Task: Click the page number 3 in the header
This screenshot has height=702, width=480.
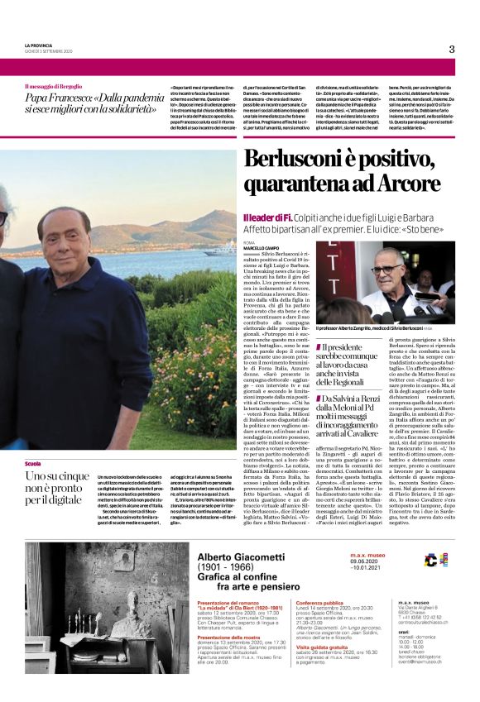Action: point(452,49)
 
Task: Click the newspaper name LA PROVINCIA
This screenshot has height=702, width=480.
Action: point(39,45)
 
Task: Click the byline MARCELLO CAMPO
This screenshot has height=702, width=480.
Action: point(261,247)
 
